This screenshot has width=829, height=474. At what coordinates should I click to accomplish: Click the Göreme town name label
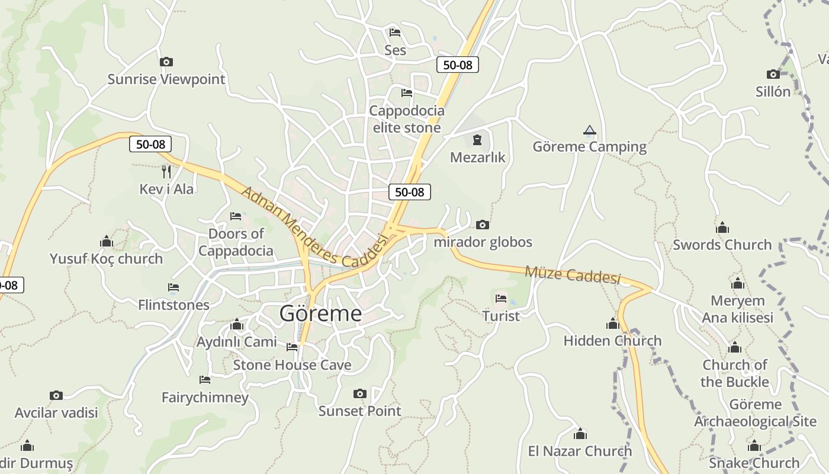click(x=320, y=313)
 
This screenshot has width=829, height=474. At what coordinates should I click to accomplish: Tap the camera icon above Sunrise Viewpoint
click(x=166, y=62)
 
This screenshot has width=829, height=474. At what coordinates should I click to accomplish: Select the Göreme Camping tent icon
click(x=589, y=130)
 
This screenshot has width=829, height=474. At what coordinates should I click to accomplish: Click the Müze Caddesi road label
click(x=573, y=274)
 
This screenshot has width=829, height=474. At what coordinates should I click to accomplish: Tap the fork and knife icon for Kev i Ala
click(x=166, y=172)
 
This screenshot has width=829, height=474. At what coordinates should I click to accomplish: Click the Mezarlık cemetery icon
click(x=477, y=140)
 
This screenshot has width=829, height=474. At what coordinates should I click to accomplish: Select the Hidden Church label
click(x=612, y=341)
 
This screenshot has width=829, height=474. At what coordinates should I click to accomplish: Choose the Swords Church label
click(x=722, y=245)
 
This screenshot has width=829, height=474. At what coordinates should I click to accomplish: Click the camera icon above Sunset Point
click(x=359, y=393)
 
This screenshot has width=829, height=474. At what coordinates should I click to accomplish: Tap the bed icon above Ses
click(x=395, y=32)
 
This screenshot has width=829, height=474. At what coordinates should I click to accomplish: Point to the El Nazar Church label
click(x=580, y=451)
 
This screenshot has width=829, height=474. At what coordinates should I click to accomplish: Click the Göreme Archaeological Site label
click(x=755, y=413)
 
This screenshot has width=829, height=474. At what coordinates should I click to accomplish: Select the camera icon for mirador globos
click(x=483, y=225)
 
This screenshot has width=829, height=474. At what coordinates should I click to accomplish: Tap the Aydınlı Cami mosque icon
click(x=237, y=325)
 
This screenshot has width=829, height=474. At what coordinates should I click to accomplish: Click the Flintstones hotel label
click(x=173, y=305)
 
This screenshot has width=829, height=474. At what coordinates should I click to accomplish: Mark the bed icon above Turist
click(x=501, y=298)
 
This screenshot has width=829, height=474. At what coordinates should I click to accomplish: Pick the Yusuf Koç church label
click(x=106, y=259)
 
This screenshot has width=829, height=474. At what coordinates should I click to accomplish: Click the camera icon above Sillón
click(x=773, y=74)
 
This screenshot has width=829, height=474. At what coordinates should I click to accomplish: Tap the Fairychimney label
click(x=205, y=397)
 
